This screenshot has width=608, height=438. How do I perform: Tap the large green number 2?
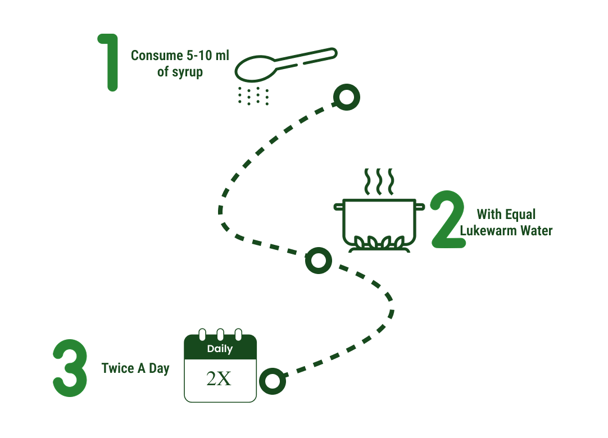pos(448,220)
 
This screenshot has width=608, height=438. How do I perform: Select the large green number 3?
pos(70,368)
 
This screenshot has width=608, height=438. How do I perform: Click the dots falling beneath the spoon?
pos(253,96)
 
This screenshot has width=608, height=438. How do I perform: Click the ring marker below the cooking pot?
pos(318,261)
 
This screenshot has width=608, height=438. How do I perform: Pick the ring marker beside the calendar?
pos(273,381)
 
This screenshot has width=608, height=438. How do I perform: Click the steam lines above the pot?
pos(378,181)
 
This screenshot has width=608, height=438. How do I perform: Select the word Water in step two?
pos(536,230)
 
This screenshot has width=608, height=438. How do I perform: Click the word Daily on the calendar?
pos(220,349)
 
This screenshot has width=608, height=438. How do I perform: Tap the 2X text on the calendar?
pos(219,379)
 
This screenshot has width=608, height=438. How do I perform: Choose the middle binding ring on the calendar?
pos(220,334)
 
